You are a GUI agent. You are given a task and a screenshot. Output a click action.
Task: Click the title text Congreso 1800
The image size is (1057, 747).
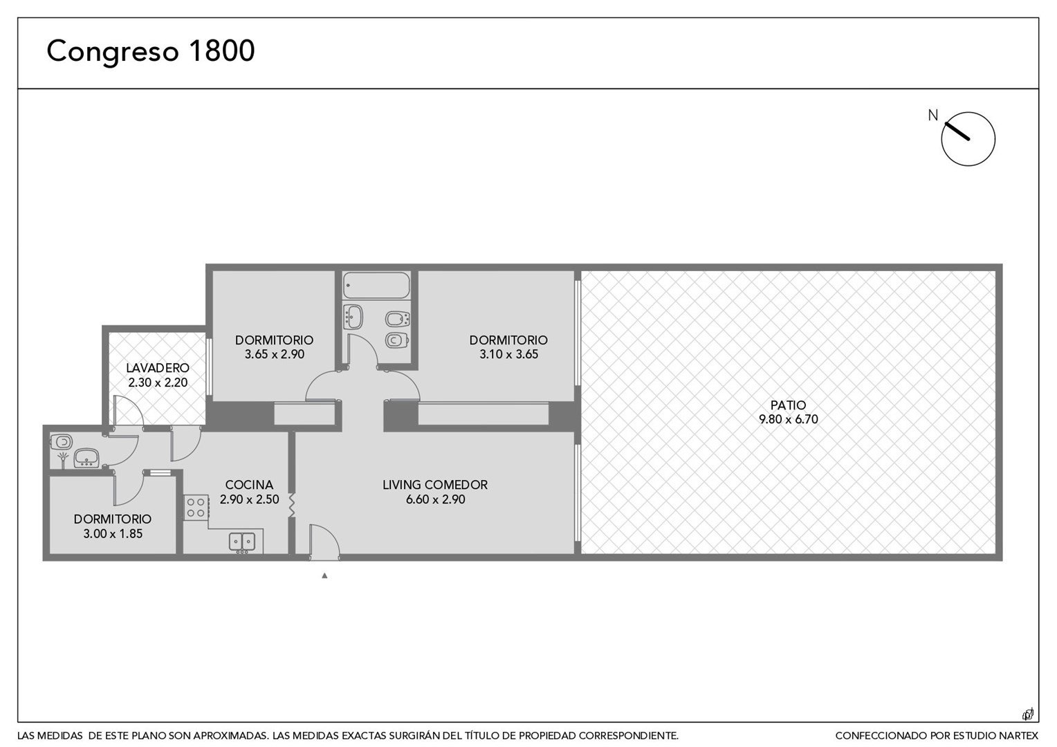(151, 51)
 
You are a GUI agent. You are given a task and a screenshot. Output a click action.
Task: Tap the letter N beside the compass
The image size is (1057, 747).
(933, 115)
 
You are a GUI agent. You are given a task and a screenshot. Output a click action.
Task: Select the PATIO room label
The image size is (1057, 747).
(788, 405)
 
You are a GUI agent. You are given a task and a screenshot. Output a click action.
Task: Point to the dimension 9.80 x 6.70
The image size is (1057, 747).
(788, 419)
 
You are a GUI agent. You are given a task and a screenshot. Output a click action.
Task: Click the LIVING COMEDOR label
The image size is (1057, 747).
(435, 485)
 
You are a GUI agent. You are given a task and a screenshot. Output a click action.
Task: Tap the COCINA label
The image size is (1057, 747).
(249, 485)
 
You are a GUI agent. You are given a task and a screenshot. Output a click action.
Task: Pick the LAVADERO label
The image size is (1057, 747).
(158, 367)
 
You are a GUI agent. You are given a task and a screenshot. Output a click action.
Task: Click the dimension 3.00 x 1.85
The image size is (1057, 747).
(113, 534)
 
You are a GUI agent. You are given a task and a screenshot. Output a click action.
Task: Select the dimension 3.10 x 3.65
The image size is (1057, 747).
(508, 354)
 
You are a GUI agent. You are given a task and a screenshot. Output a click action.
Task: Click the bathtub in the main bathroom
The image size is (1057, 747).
(376, 285)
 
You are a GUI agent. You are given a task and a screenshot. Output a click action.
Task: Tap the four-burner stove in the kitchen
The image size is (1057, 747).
(196, 507)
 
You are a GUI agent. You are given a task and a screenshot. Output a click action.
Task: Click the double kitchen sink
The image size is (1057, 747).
(242, 542)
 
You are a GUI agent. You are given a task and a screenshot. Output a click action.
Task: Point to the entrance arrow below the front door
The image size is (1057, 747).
(324, 575)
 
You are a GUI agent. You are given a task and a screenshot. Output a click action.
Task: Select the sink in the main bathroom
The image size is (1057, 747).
(353, 317)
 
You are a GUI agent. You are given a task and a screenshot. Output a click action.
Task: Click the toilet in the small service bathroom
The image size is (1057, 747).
(62, 442)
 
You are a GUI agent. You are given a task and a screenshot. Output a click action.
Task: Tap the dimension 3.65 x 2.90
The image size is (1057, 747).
(274, 354)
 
